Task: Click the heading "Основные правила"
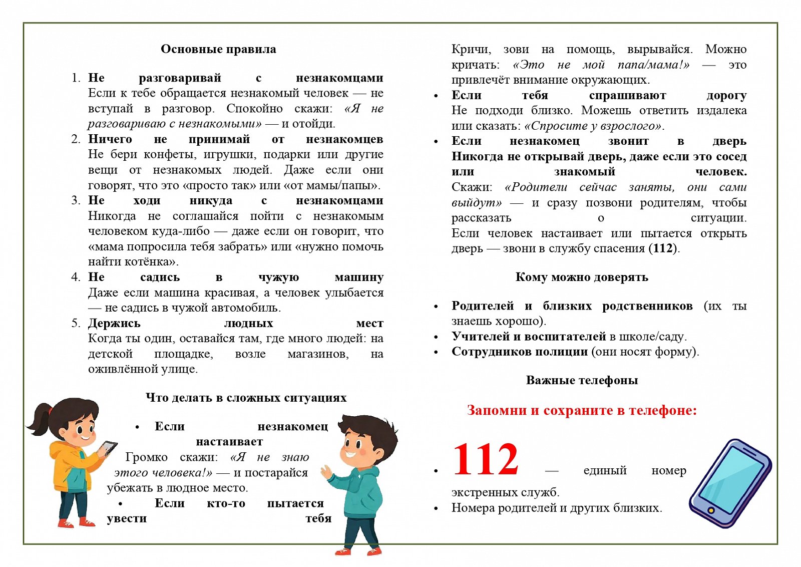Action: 218,49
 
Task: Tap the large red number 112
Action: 485,460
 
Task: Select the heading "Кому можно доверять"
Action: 581,277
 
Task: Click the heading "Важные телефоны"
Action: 582,380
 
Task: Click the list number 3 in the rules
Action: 75,200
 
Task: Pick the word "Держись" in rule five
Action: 114,323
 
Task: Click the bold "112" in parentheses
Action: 663,248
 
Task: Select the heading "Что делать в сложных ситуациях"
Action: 246,398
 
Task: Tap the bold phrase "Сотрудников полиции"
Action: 519,352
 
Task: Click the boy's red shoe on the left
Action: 343,551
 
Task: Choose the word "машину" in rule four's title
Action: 358,277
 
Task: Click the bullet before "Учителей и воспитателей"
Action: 436,337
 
